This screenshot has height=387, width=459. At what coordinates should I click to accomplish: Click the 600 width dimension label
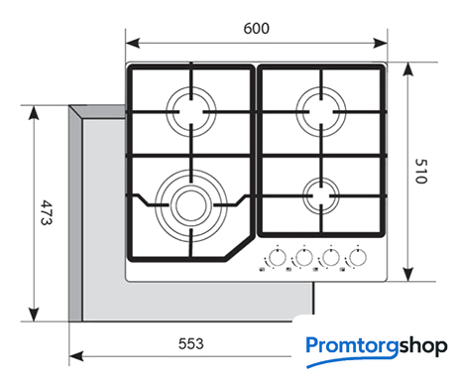[256, 29]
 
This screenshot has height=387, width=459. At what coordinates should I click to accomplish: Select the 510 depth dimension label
[421, 171]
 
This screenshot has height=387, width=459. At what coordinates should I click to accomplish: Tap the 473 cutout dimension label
[46, 212]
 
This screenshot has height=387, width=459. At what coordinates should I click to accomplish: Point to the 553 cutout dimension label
[191, 344]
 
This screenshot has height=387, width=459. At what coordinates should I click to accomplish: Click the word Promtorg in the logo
[353, 347]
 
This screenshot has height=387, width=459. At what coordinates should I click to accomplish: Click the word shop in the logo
[423, 347]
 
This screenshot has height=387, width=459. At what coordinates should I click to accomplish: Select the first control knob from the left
[278, 257]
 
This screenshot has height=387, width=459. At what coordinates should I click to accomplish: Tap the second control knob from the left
[304, 257]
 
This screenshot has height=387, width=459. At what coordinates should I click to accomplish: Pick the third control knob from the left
[331, 257]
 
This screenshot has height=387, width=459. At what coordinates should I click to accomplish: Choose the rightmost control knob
[358, 257]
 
